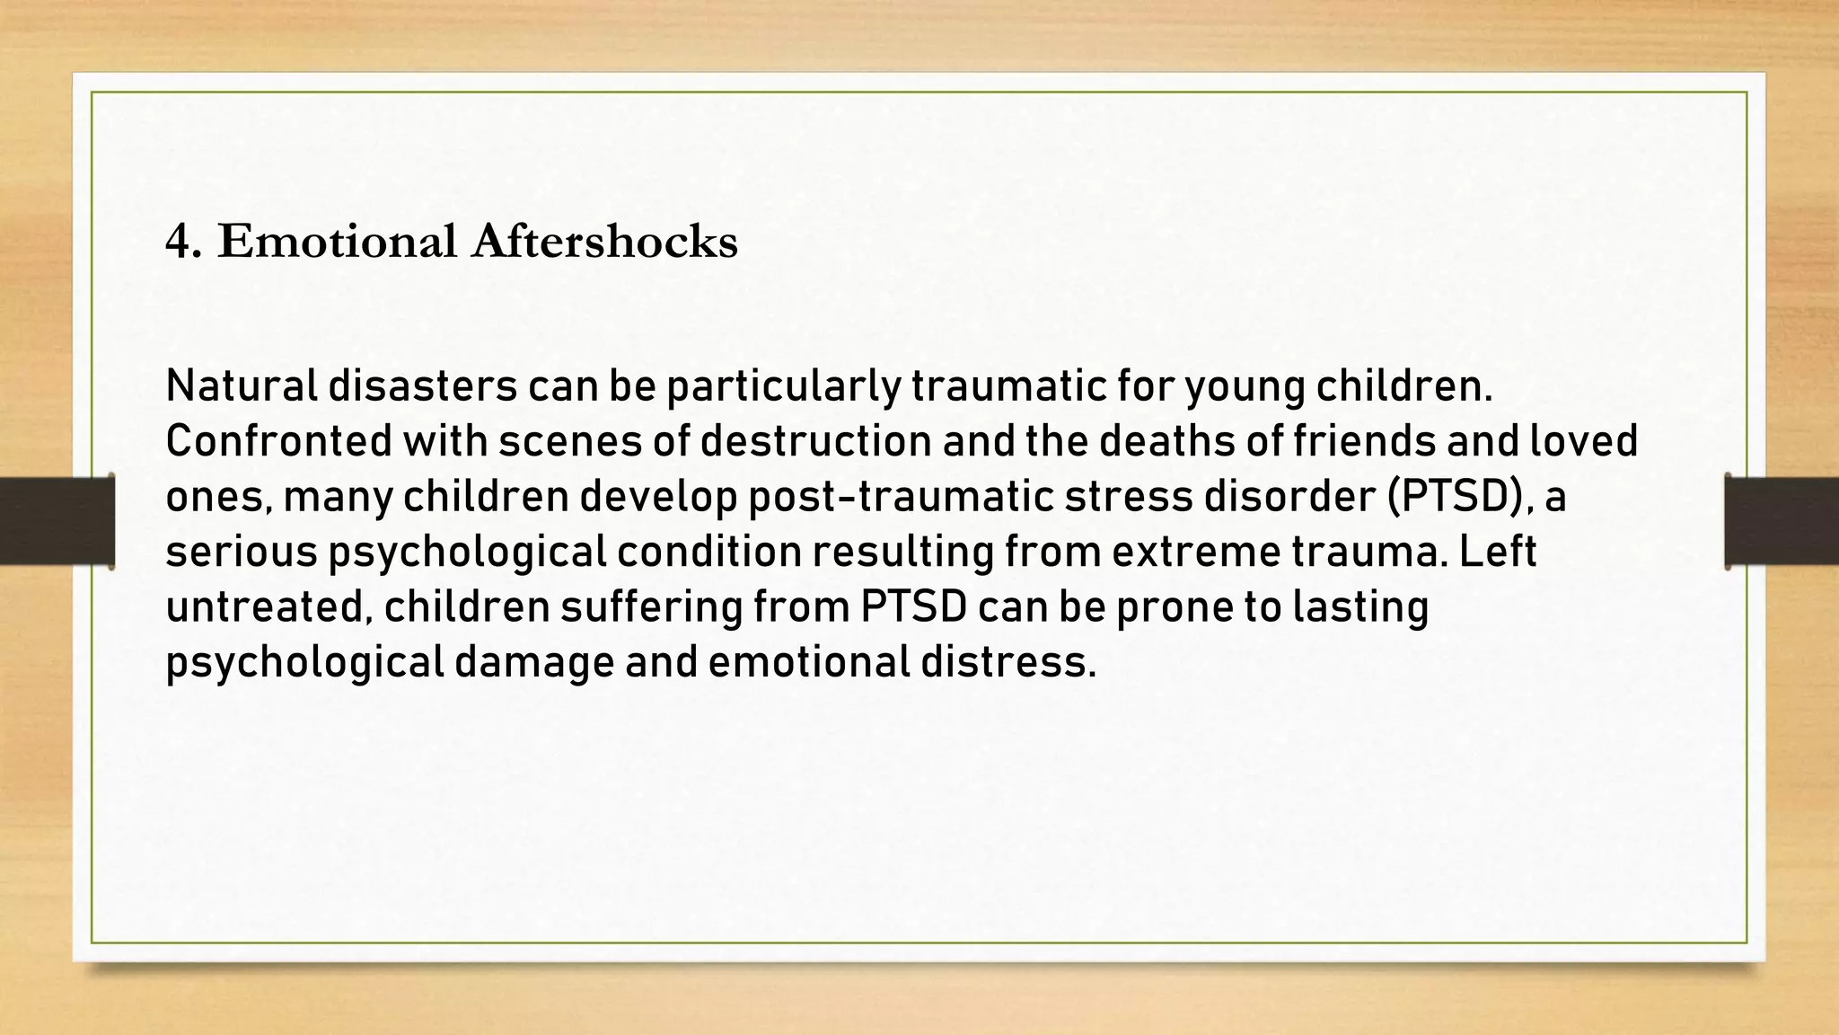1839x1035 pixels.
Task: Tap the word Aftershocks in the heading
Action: coord(604,242)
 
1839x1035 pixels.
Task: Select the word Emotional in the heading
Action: coord(337,242)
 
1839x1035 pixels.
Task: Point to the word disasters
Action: coord(422,386)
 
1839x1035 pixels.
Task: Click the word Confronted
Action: coord(278,441)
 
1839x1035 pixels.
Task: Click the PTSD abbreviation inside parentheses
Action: coord(1451,497)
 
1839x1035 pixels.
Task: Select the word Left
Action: coord(1497,552)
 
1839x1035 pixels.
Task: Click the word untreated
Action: coord(268,607)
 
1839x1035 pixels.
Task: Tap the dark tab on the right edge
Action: coord(1782,521)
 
